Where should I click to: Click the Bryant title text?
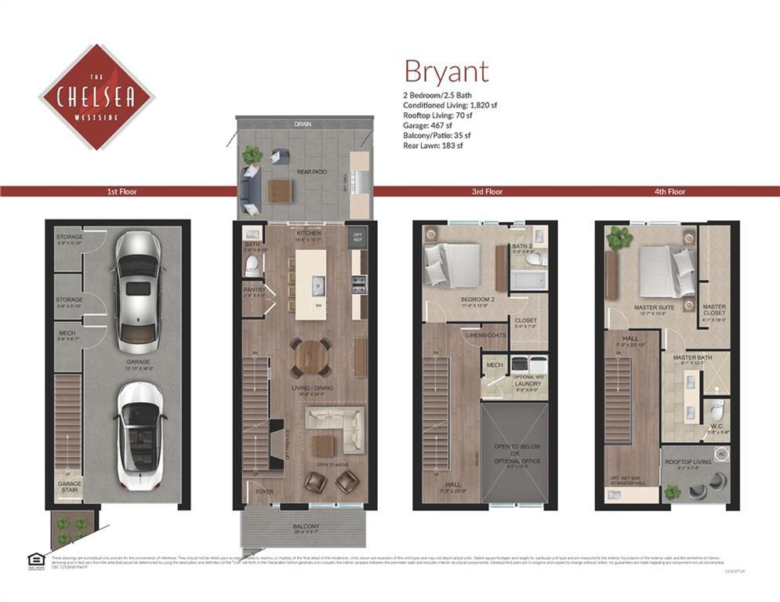click(x=446, y=71)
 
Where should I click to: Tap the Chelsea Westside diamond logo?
click(x=96, y=96)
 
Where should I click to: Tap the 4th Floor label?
click(x=669, y=191)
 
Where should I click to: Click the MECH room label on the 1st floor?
click(x=67, y=335)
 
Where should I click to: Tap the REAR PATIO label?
click(x=312, y=172)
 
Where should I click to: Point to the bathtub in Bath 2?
click(x=529, y=278)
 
